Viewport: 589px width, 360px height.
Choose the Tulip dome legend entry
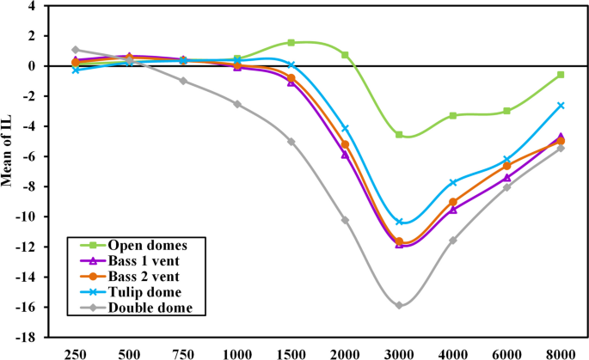[133, 292]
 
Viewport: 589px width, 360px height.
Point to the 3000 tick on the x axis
[398, 352]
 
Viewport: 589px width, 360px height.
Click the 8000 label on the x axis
[561, 352]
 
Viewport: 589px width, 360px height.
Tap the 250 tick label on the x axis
[75, 352]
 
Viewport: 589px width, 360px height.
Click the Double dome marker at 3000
[399, 305]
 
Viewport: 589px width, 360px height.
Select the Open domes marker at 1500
[291, 42]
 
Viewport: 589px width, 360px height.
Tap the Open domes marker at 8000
[561, 75]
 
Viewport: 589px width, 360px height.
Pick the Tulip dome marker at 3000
[399, 222]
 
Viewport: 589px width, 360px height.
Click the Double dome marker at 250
[76, 50]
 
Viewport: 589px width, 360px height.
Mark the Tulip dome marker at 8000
[561, 106]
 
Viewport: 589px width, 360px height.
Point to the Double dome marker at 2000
[345, 220]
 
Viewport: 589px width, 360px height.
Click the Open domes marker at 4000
[453, 115]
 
